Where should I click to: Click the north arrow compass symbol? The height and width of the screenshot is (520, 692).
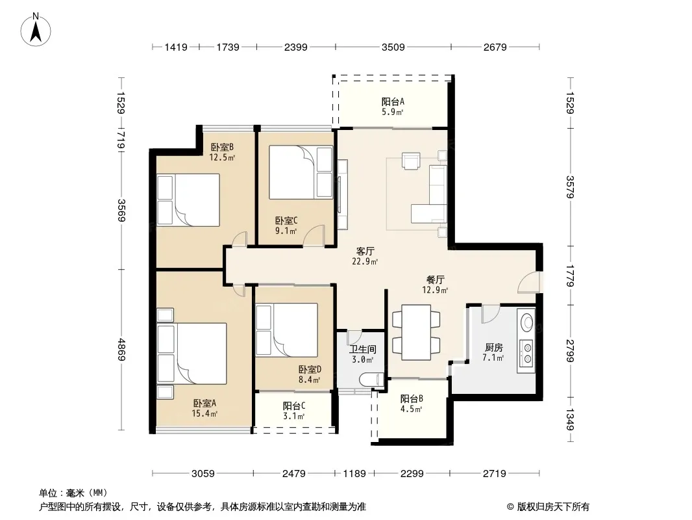[x=36, y=30]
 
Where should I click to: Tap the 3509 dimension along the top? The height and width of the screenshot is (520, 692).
[x=393, y=47]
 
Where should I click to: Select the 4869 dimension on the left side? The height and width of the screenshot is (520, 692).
[x=121, y=350]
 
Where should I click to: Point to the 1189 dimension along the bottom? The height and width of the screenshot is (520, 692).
[x=354, y=474]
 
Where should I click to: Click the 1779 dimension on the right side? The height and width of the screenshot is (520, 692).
[x=570, y=276]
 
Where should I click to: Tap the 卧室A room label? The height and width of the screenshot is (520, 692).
[x=204, y=403]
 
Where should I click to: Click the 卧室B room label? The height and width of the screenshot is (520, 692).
[x=221, y=147]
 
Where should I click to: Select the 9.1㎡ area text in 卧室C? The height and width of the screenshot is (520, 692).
[x=286, y=230]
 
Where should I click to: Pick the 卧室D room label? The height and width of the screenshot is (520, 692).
[x=310, y=369]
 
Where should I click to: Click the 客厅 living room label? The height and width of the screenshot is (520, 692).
[x=365, y=251]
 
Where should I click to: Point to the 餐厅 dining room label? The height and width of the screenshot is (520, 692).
[x=435, y=279]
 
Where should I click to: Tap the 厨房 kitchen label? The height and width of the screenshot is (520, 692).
[x=493, y=348]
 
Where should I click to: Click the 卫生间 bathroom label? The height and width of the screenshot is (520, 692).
[x=363, y=350]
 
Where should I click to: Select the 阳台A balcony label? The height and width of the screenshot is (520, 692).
[x=393, y=101]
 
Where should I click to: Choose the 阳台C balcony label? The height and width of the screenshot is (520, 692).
[x=294, y=406]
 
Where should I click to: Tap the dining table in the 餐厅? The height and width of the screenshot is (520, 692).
[x=416, y=332]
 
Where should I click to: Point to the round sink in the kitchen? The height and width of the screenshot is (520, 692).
[x=527, y=322]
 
